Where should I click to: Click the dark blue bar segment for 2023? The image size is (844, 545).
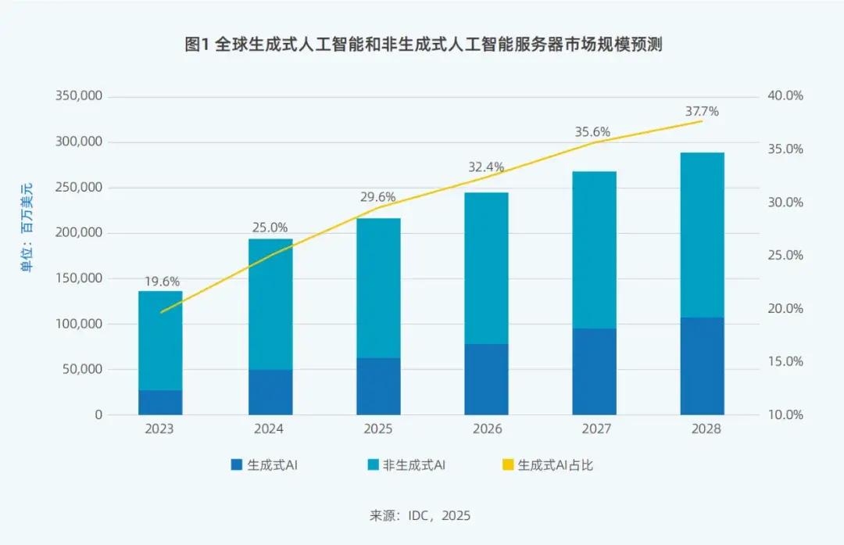point(160,402)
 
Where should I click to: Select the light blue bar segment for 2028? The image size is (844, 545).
point(702,235)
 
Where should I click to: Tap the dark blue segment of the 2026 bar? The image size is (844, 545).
point(486,379)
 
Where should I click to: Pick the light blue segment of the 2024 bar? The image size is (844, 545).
point(270,304)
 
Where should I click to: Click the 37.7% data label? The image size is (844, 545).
point(702,112)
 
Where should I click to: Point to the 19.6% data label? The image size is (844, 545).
point(162,281)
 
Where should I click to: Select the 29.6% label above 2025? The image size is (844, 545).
point(378,197)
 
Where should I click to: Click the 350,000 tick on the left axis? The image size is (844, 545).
point(79,96)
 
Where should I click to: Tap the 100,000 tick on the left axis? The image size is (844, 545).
point(79,324)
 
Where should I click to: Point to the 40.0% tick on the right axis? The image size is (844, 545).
point(787,96)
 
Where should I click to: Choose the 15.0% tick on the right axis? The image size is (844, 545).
point(787,361)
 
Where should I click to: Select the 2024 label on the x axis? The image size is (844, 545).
point(270,429)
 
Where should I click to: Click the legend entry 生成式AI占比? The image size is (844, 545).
point(556,465)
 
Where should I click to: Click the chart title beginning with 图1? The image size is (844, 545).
point(423,45)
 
